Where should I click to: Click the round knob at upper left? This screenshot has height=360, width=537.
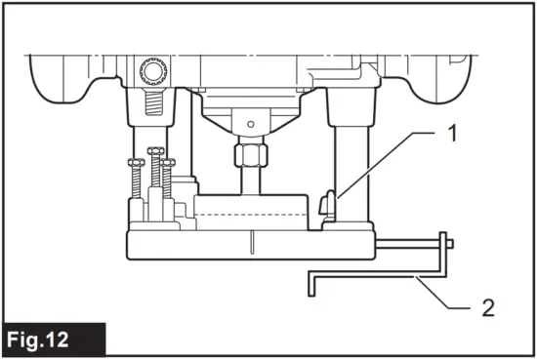point(153,71)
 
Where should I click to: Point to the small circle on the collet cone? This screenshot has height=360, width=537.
point(251,124)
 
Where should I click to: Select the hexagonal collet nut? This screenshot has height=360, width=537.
point(251,154)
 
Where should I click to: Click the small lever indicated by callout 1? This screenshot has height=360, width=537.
point(328,204)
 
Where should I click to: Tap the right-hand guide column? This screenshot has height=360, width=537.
point(351,156)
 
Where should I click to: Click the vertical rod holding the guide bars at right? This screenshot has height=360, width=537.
point(443,256)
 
